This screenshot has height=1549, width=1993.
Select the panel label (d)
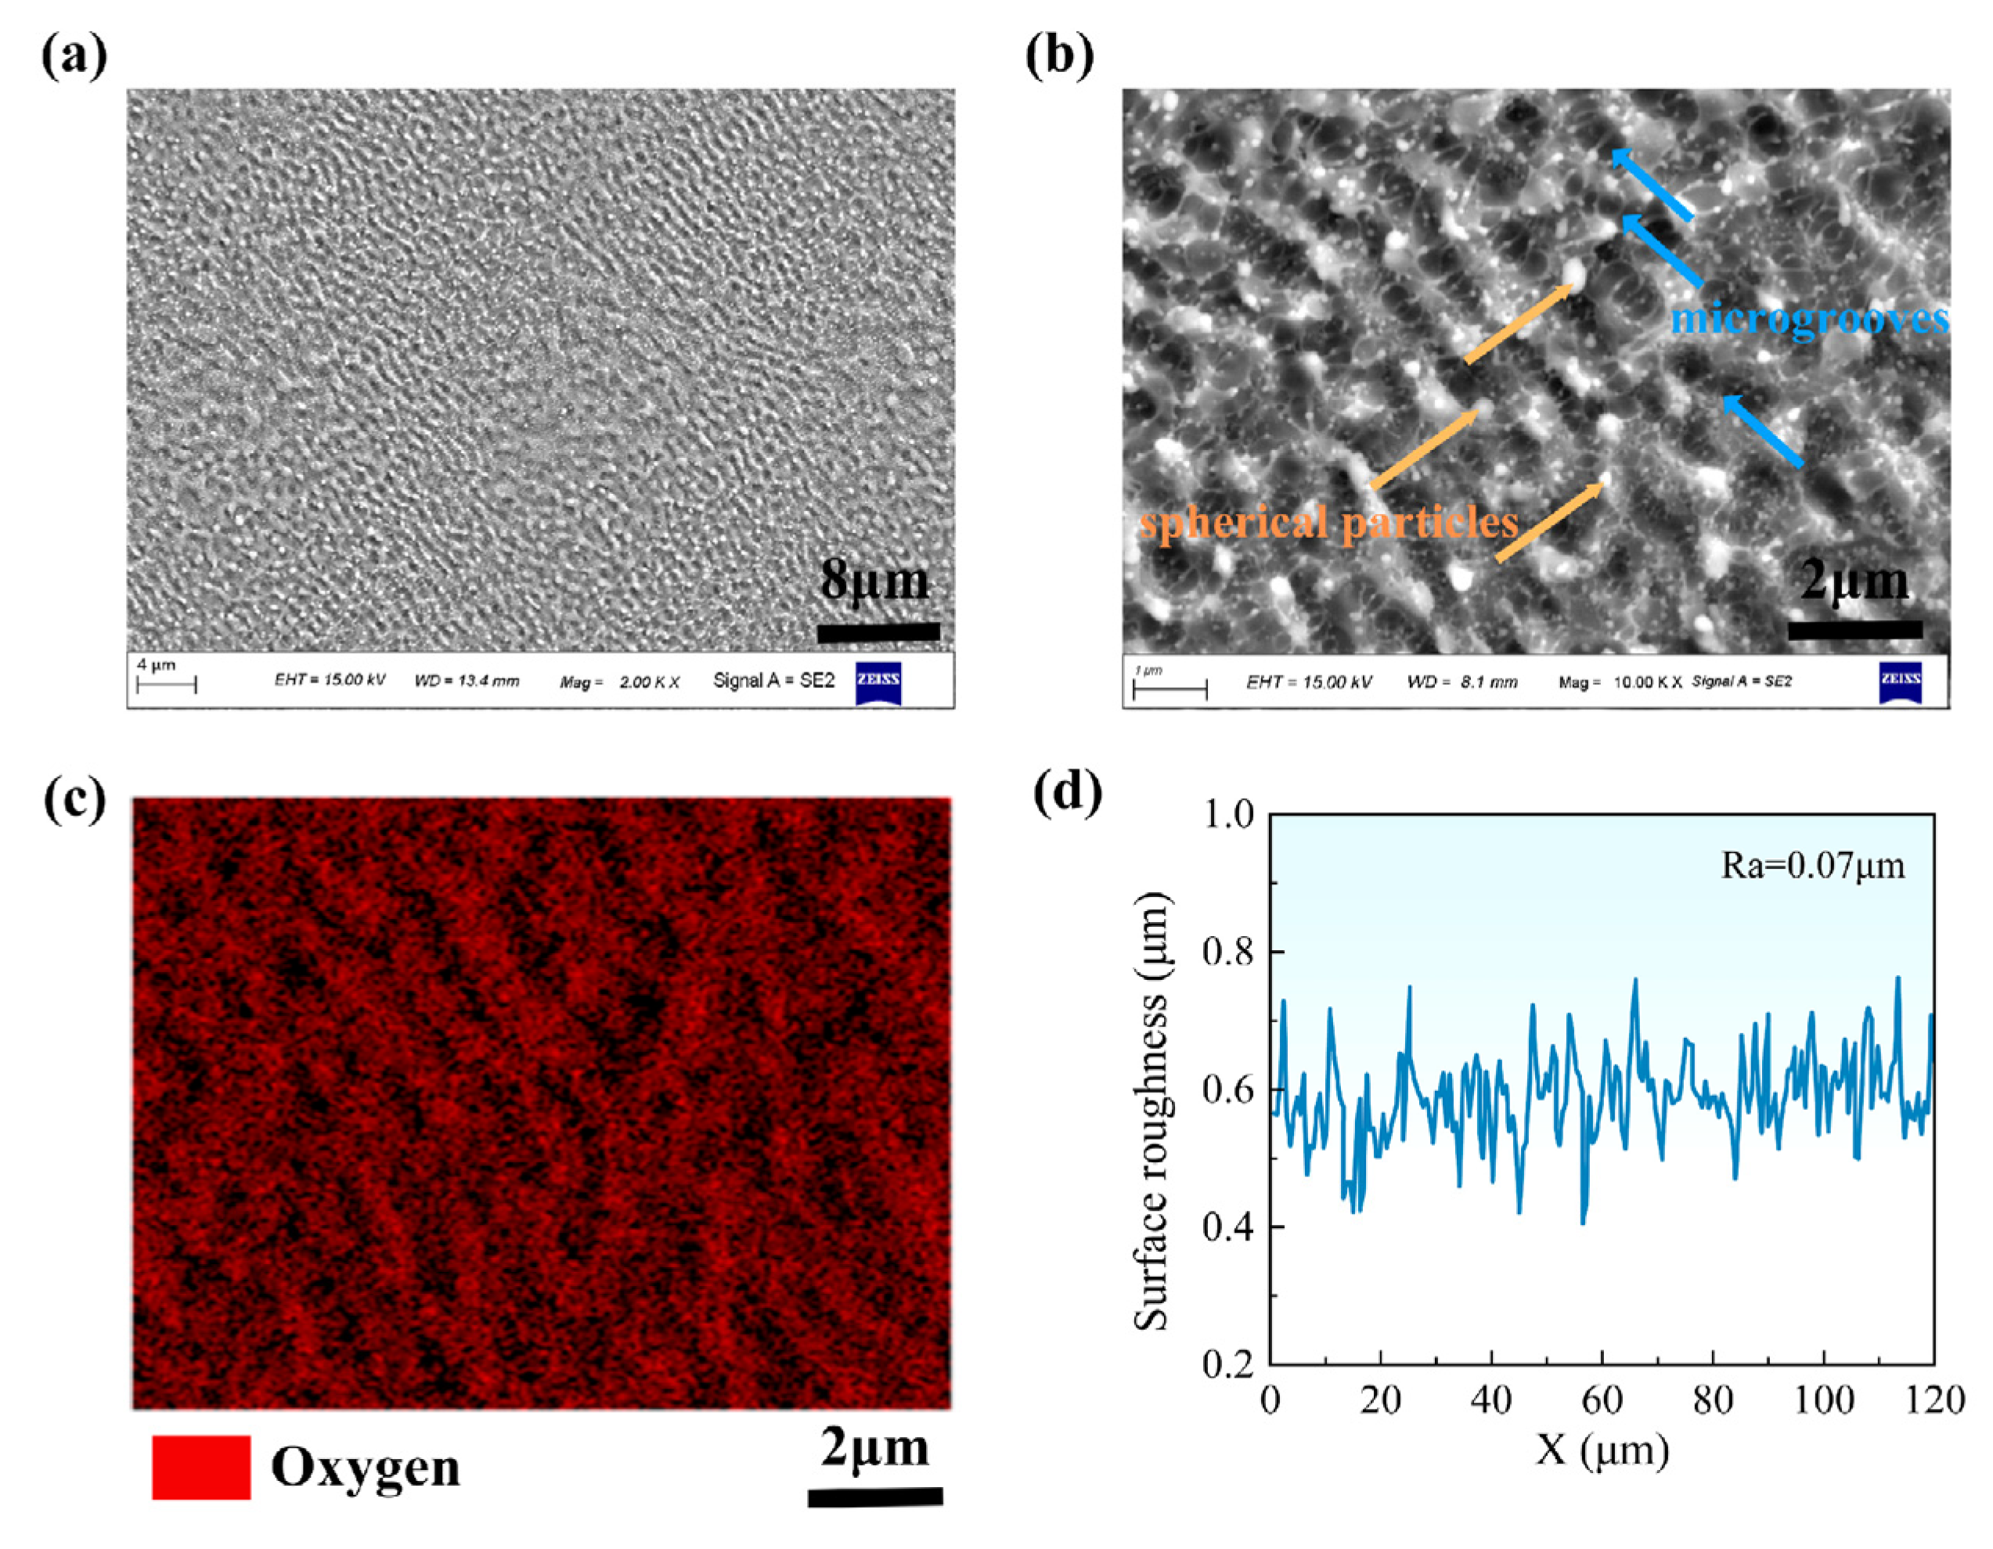pos(1067,794)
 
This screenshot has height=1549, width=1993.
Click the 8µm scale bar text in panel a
pos(874,581)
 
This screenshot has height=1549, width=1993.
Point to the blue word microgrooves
pos(1809,319)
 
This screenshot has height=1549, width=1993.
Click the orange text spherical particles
pos(1328,523)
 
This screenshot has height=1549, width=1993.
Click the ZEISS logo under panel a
pos(878,683)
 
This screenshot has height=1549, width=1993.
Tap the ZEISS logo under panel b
pos(1900,683)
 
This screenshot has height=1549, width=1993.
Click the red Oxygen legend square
pos(200,1467)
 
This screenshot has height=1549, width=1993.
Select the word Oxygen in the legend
pos(365,1468)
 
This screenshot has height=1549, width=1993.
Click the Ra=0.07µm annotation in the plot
pos(1812,865)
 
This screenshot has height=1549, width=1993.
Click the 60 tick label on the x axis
pos(1602,1399)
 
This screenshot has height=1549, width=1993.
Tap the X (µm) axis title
pos(1602,1449)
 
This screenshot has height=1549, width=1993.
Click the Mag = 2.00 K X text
pos(620,682)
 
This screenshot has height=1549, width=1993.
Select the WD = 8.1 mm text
pos(1462,682)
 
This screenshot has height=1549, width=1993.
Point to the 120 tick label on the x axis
pos(1933,1399)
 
